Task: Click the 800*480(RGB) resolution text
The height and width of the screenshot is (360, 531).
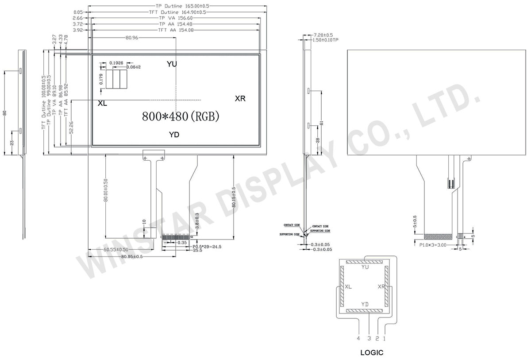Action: pos(180,116)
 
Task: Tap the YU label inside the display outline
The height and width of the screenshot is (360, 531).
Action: pos(172,64)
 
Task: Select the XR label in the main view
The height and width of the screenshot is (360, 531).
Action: pos(240,99)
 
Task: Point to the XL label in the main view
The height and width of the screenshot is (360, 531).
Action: pos(102,104)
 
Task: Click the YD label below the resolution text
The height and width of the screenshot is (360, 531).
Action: pos(174,135)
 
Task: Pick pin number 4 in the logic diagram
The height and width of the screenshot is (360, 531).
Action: pos(358,339)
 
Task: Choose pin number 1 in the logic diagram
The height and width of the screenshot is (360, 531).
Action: pos(385,339)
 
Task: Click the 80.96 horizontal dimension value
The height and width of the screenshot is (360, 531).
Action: pos(132,38)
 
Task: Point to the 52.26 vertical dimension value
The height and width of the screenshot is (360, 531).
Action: pos(71,128)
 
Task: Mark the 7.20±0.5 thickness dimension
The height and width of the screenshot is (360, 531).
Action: pos(323,35)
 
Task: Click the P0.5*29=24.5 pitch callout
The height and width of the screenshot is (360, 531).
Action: pos(207,247)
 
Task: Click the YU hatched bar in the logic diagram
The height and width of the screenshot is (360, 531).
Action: pos(365,262)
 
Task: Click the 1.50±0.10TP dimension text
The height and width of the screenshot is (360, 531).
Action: pos(326,40)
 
